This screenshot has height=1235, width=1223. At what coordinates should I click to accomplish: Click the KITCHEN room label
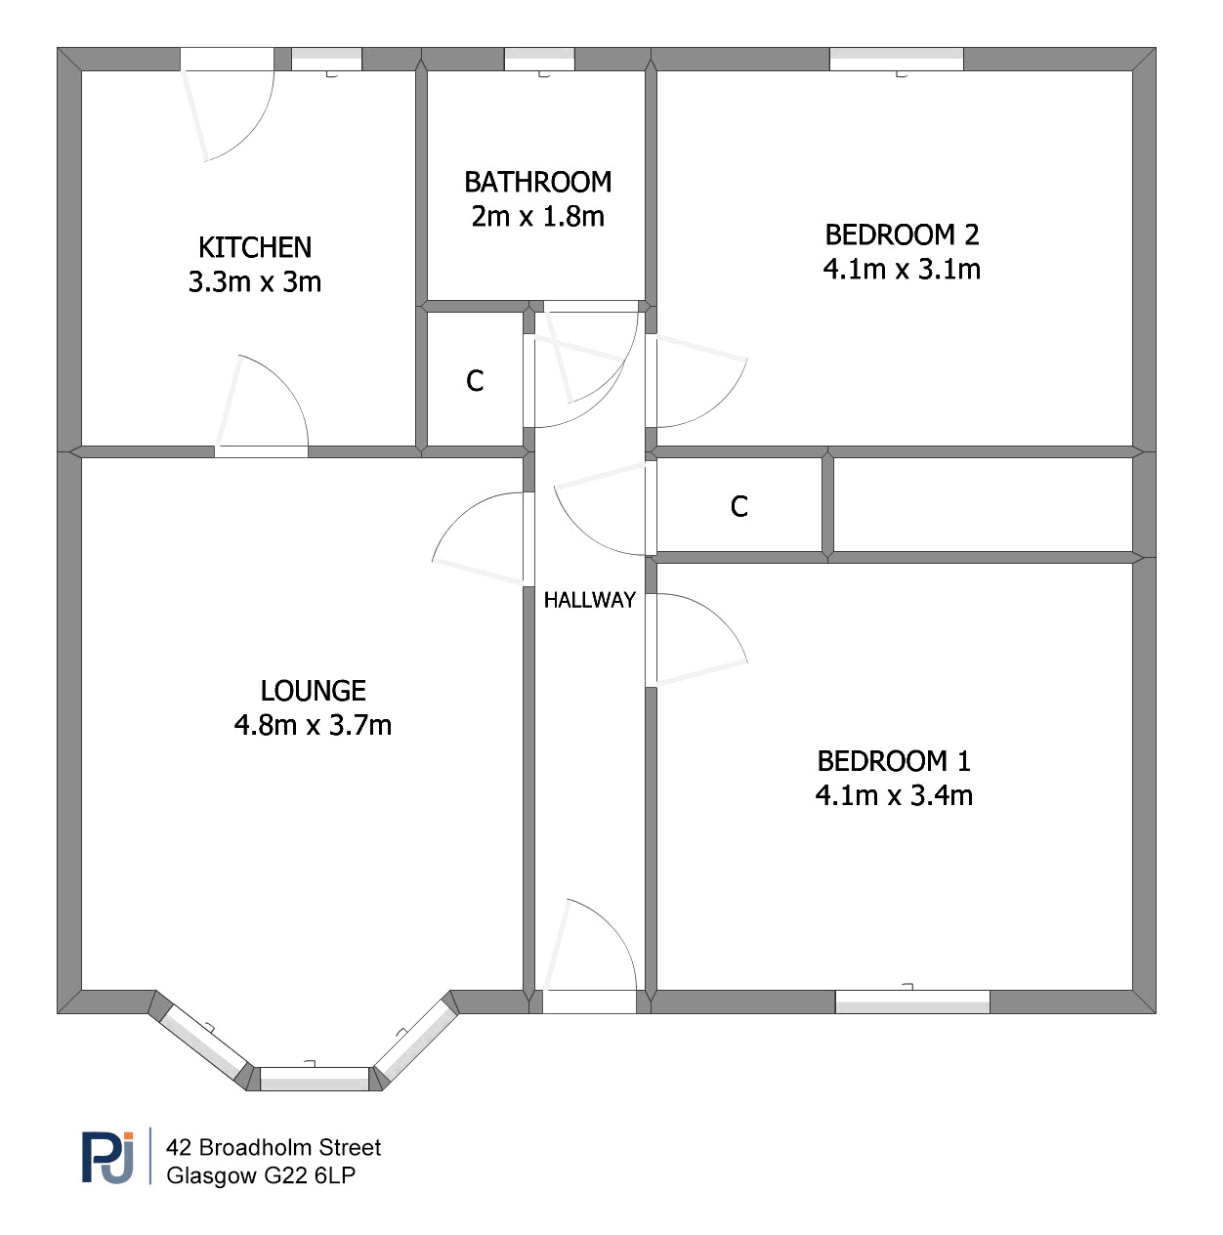click(255, 247)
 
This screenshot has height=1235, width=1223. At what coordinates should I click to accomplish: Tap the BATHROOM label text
click(537, 182)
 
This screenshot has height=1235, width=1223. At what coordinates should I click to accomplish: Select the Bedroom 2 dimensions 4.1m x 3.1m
click(902, 269)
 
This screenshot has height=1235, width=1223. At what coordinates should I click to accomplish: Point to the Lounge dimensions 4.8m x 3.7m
click(313, 725)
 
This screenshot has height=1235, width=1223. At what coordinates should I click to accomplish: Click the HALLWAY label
click(589, 600)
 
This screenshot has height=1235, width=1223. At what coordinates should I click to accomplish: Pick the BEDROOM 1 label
click(894, 761)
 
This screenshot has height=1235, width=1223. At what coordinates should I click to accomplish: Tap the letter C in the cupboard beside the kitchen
click(475, 381)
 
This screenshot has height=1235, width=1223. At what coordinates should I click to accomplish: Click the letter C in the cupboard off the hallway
click(738, 506)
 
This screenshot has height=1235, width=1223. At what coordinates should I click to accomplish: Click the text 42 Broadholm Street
click(274, 1147)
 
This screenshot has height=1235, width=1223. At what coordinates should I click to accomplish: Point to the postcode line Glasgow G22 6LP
click(260, 1175)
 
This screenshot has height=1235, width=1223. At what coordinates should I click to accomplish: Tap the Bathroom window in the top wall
click(539, 59)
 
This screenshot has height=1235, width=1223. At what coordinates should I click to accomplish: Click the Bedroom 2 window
click(896, 59)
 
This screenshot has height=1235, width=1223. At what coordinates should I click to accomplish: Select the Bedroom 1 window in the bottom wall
click(912, 1001)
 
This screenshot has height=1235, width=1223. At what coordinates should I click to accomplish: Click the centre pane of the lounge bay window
click(315, 1079)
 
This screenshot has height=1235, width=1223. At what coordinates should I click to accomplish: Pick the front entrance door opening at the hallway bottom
click(589, 1001)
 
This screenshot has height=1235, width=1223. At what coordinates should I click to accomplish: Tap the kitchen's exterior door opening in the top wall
click(227, 59)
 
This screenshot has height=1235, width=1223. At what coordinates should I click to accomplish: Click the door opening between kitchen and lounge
click(261, 451)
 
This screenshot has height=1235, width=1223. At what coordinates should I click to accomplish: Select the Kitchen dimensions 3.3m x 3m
click(255, 282)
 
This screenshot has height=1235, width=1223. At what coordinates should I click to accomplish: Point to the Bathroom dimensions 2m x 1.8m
click(537, 217)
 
